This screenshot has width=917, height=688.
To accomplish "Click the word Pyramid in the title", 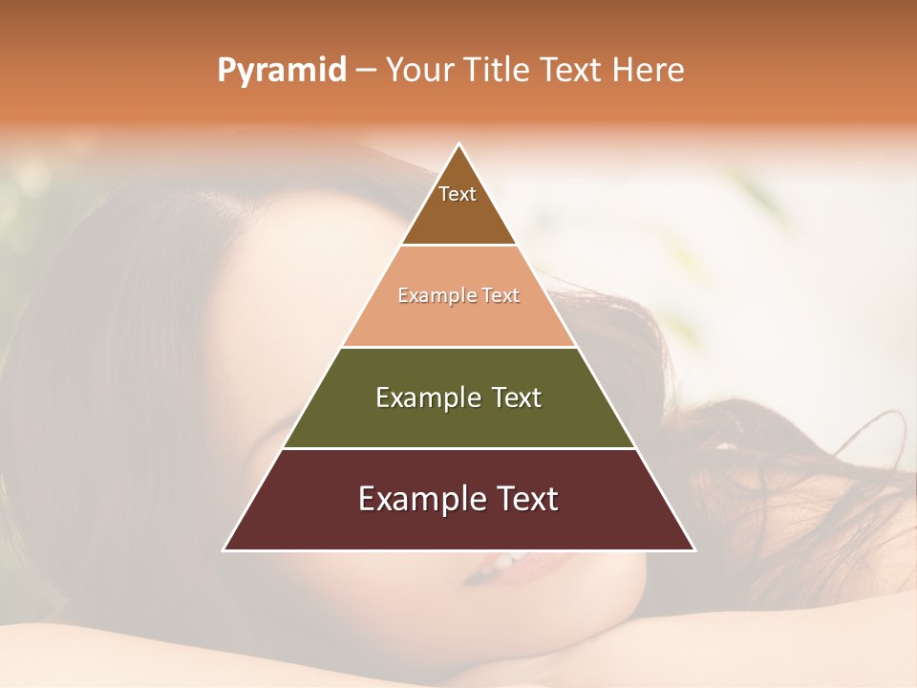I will pos(281,71).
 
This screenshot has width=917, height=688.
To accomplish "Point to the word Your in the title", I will pos(421,70).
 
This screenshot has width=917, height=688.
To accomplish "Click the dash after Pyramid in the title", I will pos(366,71).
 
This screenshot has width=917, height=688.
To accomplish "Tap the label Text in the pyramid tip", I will pos(458,194).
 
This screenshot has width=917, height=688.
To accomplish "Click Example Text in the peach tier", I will pos(458,295).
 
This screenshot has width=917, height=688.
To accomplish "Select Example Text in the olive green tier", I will pos(458,398).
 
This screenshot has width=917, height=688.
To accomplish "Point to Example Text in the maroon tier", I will pos(458,499).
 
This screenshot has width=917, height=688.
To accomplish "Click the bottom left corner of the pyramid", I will pos(224,549).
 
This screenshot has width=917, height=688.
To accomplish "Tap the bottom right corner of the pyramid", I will pos(694,549).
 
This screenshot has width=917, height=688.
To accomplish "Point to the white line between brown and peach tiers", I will pos(458,246).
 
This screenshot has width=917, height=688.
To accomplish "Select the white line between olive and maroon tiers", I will pos(458,448).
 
